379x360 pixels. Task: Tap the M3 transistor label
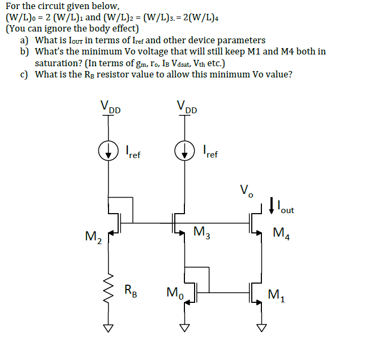[202, 232]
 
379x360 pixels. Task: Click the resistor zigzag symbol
[110, 290]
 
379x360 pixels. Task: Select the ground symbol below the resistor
[110, 327]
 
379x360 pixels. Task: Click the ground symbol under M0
[185, 327]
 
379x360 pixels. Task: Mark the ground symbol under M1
[261, 327]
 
